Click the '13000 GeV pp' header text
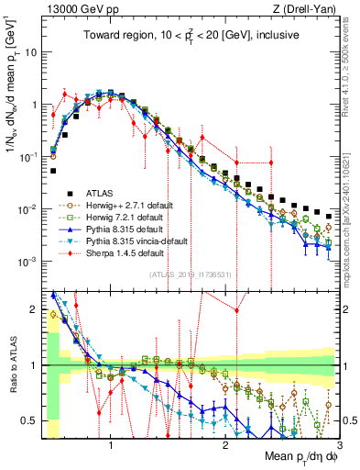(x=76, y=9)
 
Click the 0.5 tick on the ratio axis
(x=29, y=420)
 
